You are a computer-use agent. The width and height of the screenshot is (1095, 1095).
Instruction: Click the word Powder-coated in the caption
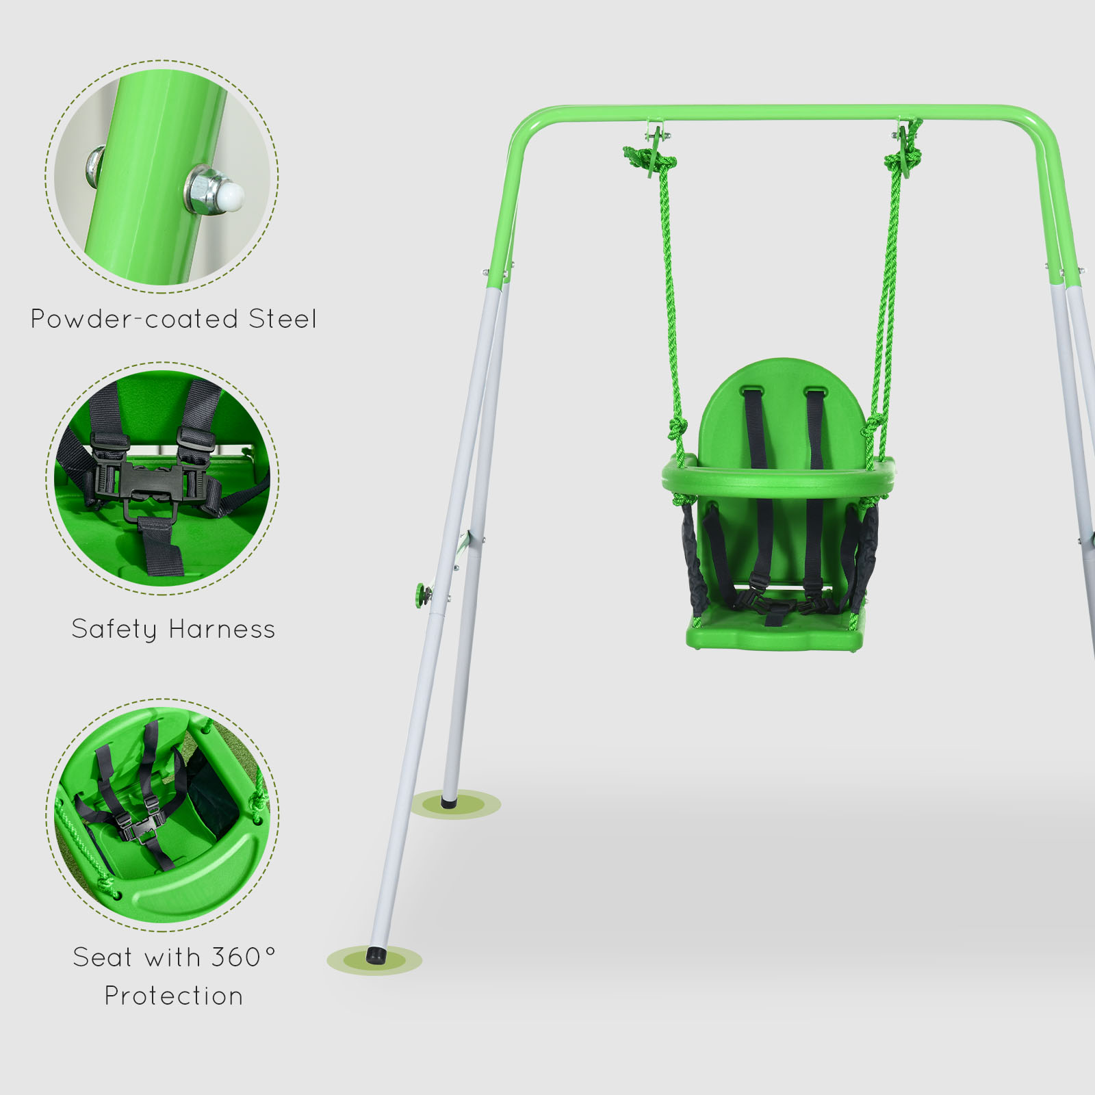134,319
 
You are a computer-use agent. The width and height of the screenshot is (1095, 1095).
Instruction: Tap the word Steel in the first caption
283,319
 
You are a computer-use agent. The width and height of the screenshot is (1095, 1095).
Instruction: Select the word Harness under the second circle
222,629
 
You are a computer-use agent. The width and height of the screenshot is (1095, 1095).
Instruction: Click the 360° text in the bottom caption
243,957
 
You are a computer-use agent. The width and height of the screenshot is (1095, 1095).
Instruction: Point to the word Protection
174,996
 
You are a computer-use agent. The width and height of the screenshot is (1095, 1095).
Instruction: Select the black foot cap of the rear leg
449,801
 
